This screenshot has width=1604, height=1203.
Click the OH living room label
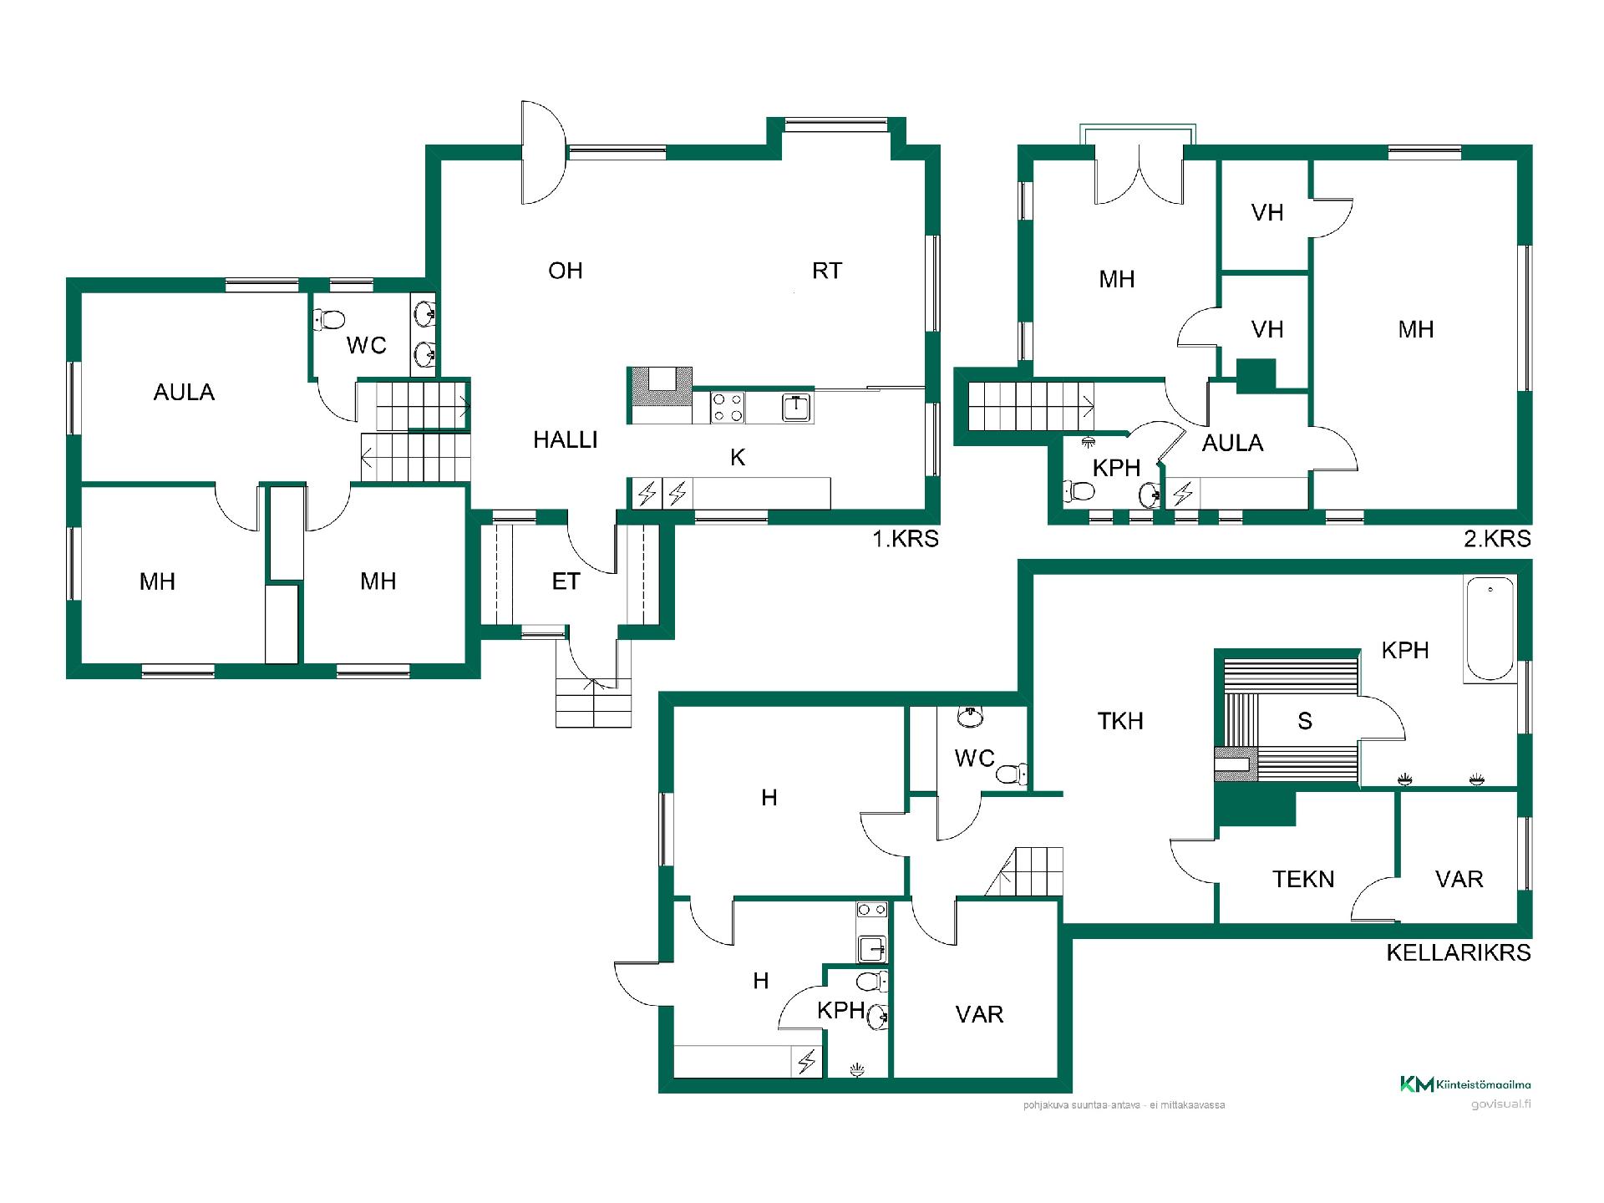[x=566, y=271]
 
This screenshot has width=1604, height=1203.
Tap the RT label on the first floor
[x=827, y=271]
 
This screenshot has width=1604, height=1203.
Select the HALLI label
[x=566, y=439]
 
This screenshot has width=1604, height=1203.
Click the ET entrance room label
[x=566, y=581]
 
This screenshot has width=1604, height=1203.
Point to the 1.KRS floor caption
[x=906, y=539]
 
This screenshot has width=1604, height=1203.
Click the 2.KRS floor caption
[x=1498, y=539]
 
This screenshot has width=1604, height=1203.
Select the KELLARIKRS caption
[x=1459, y=952]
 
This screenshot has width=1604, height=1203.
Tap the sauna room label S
[x=1305, y=721]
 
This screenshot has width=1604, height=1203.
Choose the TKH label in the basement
[x=1120, y=721]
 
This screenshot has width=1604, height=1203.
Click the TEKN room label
[x=1303, y=879]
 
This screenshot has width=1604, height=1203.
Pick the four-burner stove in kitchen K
[x=728, y=407]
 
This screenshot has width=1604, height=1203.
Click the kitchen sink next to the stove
[x=797, y=407]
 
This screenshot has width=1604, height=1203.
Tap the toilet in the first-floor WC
[x=331, y=318]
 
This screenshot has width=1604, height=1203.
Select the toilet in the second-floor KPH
[x=1079, y=491]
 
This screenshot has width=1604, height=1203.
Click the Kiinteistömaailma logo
[x=1465, y=1084]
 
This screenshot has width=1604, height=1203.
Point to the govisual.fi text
[x=1501, y=1104]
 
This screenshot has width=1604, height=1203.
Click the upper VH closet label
[x=1267, y=212]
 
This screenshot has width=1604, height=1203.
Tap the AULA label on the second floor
[x=1232, y=443]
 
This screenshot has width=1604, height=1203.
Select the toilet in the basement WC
[x=1012, y=773]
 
